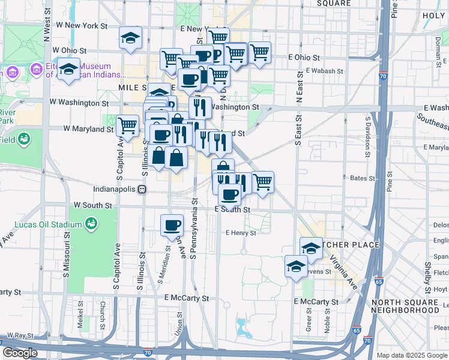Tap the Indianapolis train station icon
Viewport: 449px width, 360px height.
pyautogui.click(x=142, y=188)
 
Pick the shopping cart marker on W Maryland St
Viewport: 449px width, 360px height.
pyautogui.click(x=127, y=126)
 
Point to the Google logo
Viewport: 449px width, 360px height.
pyautogui.click(x=20, y=353)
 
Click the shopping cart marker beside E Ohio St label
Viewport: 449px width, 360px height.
pyautogui.click(x=259, y=53)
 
